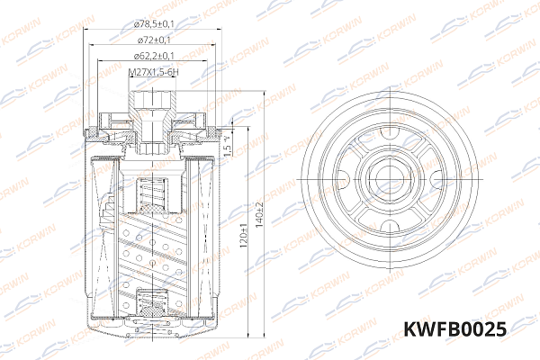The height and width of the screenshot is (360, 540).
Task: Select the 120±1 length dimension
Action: [x=243, y=236]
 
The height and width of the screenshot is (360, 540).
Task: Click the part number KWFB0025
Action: [x=456, y=330]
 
